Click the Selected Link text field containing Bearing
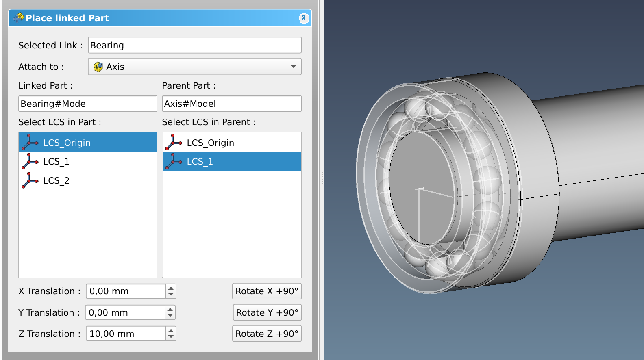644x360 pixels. click(x=194, y=45)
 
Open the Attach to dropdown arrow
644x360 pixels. click(x=293, y=67)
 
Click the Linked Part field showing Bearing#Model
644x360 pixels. click(x=87, y=104)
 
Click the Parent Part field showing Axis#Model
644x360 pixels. click(x=231, y=104)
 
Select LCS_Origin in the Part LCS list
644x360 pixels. click(x=67, y=143)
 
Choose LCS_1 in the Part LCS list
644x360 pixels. click(x=56, y=162)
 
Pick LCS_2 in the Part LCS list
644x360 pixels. click(x=56, y=181)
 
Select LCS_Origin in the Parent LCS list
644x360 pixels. click(x=210, y=143)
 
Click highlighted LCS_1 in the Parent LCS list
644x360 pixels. click(x=200, y=162)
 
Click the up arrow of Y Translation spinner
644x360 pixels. click(x=170, y=310)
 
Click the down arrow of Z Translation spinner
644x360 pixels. click(x=171, y=336)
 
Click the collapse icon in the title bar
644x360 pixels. click(x=303, y=18)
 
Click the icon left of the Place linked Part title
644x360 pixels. click(x=18, y=18)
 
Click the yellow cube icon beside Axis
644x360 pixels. click(x=98, y=67)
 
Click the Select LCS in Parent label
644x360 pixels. click(x=209, y=122)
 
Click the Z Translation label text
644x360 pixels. click(x=49, y=334)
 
